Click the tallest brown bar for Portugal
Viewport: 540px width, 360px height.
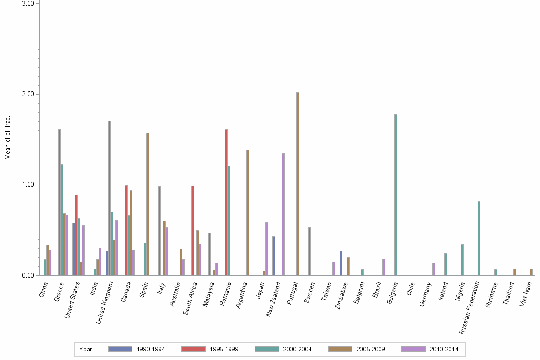coord(298,184)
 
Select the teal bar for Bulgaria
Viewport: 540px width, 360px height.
coord(395,195)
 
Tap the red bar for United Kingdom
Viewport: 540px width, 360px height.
coord(110,198)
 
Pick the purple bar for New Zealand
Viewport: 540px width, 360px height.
coord(283,214)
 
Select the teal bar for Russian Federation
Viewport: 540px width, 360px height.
coord(479,238)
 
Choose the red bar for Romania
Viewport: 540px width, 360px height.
coord(226,202)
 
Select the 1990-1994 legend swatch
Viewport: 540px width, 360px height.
coord(120,350)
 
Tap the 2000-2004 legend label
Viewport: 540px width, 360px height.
coord(297,350)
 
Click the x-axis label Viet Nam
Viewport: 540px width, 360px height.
coord(527,293)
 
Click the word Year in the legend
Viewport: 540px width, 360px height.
coord(86,350)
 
